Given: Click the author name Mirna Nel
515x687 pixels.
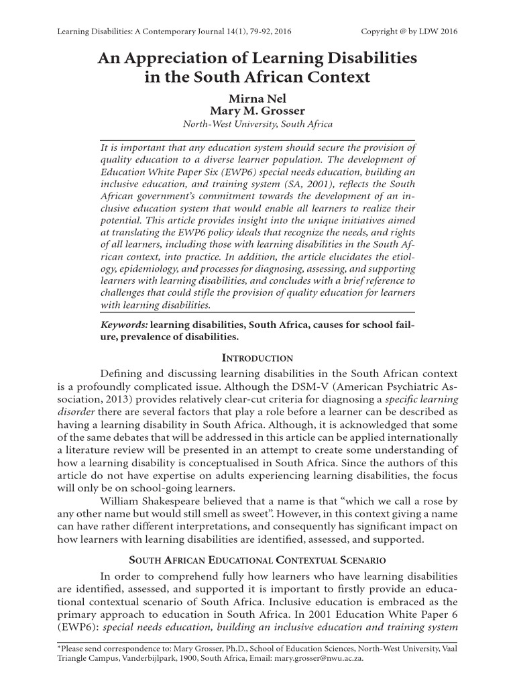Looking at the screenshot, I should coord(257,98).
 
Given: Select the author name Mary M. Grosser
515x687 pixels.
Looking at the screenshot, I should coord(257,111).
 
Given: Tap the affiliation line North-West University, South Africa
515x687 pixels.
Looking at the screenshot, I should coord(257,124).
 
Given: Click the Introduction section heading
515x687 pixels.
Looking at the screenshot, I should coord(257,358).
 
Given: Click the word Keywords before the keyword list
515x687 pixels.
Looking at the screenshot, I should coord(124,324).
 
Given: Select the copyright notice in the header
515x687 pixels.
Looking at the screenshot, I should coord(409,31).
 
